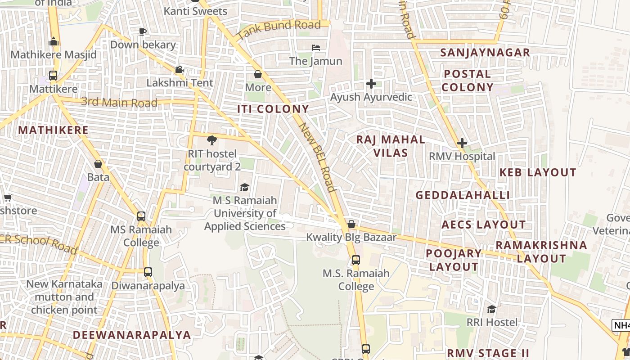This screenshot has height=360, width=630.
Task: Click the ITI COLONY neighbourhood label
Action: point(273,109)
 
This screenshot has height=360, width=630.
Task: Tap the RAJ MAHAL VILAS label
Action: point(391,146)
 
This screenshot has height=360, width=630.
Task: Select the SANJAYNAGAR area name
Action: point(485,53)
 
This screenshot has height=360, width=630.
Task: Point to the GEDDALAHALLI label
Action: point(463,195)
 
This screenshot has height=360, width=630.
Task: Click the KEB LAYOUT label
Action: point(538,172)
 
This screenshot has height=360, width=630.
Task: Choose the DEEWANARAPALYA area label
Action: point(132,335)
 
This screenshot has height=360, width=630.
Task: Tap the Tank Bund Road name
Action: point(279,29)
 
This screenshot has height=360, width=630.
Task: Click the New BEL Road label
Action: point(318,157)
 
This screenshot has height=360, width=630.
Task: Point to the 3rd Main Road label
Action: point(119,102)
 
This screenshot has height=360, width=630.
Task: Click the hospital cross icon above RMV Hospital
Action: point(462,144)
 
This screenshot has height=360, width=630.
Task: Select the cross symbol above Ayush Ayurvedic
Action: point(371,84)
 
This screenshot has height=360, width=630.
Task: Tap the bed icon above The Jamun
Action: point(316,48)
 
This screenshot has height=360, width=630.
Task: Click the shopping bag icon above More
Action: point(258,74)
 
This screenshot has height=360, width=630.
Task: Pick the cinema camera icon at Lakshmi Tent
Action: point(179,70)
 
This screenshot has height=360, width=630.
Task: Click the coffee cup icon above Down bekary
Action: point(143,31)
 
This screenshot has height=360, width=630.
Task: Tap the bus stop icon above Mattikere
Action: point(53,76)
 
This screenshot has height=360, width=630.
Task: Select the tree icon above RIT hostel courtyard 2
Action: point(211,140)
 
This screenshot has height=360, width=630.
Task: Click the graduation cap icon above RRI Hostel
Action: point(491,309)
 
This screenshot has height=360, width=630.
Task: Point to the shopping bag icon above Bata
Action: point(98,164)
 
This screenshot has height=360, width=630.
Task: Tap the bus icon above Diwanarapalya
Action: point(148,272)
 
